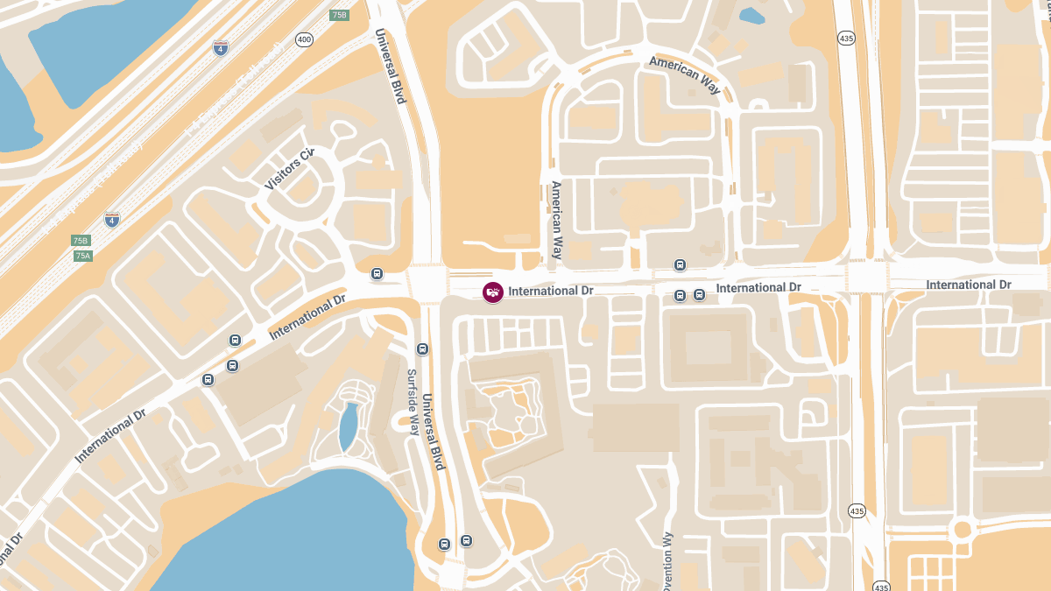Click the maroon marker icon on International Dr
click(493, 292)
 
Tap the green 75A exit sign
click(82, 256)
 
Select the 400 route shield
click(304, 39)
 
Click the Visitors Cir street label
click(289, 170)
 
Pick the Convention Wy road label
click(667, 560)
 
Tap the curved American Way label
click(687, 73)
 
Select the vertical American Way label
click(556, 220)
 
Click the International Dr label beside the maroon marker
click(551, 291)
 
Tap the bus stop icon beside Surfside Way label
click(423, 349)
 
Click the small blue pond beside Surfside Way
click(349, 426)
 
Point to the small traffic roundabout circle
click(963, 529)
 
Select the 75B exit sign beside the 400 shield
click(339, 16)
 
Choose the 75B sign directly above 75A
click(81, 241)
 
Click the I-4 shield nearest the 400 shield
click(221, 47)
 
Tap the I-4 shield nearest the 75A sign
click(112, 220)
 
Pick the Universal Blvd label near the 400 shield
click(391, 67)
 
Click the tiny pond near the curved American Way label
click(751, 15)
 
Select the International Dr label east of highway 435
click(969, 285)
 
